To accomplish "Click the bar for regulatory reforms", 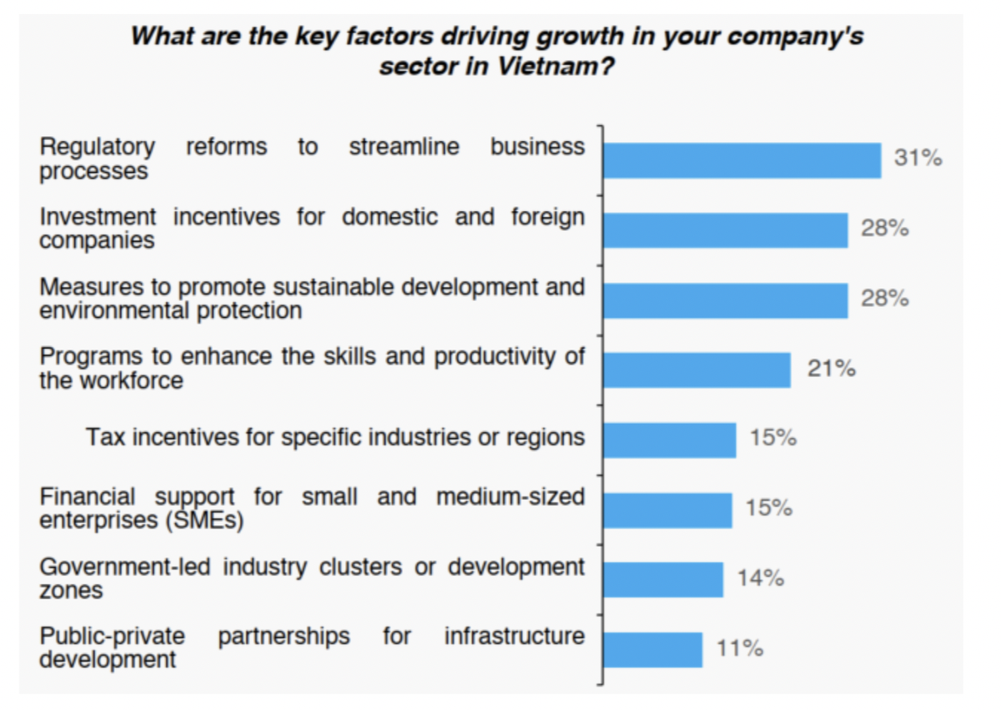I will pyautogui.click(x=742, y=160).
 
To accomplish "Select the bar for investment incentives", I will pyautogui.click(x=725, y=230).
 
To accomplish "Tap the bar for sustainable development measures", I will pyautogui.click(x=725, y=300).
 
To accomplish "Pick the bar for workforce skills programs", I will pyautogui.click(x=697, y=370).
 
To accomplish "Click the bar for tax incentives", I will pyautogui.click(x=669, y=440).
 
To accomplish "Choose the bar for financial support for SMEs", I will pyautogui.click(x=667, y=510).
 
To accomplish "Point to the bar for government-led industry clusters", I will pyautogui.click(x=663, y=580).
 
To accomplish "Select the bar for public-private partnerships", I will pyautogui.click(x=652, y=650).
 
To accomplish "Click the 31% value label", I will pyautogui.click(x=918, y=159).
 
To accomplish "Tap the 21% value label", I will pyautogui.click(x=831, y=369).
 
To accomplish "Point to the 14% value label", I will pyautogui.click(x=760, y=578).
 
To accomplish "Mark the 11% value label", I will pyautogui.click(x=739, y=648).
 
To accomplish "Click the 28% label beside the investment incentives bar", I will pyautogui.click(x=884, y=229).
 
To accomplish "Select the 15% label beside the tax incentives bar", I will pyautogui.click(x=772, y=438).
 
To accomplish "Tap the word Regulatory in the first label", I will pyautogui.click(x=98, y=148).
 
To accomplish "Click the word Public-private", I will pyautogui.click(x=113, y=637).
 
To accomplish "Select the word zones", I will pyautogui.click(x=72, y=590).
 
